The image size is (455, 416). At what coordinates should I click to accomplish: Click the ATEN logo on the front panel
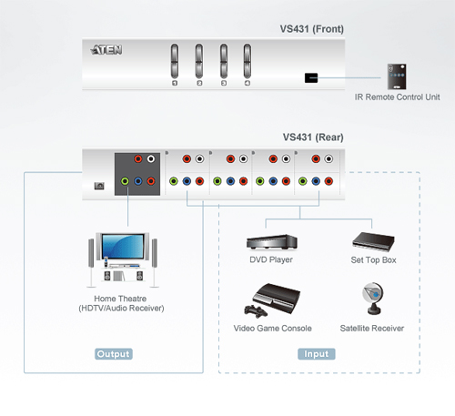click(106, 49)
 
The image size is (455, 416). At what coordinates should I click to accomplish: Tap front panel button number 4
click(248, 61)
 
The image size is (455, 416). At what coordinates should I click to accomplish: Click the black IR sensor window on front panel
click(311, 78)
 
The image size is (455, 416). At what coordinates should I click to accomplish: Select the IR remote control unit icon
click(397, 76)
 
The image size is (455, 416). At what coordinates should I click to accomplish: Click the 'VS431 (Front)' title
click(312, 29)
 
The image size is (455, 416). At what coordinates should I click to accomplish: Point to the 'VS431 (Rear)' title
click(313, 137)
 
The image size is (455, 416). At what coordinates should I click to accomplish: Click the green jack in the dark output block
click(125, 181)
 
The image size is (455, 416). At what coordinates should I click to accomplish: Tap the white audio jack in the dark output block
click(151, 158)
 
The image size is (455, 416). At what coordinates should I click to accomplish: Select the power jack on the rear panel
click(99, 186)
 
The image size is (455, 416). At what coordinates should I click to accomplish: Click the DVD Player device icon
click(272, 242)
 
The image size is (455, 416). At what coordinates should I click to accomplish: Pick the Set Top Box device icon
click(373, 242)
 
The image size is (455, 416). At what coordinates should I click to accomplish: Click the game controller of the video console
click(256, 311)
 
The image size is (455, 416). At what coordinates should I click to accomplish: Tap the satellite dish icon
click(373, 299)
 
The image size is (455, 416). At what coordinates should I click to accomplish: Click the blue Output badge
click(114, 354)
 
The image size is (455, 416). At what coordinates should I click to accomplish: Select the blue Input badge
click(317, 354)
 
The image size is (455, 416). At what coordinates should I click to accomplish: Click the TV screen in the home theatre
click(123, 246)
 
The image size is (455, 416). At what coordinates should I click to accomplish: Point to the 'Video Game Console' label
click(272, 329)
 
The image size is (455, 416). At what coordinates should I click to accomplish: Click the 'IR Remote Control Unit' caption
click(398, 97)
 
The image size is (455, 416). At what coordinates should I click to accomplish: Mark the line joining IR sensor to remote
click(349, 78)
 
